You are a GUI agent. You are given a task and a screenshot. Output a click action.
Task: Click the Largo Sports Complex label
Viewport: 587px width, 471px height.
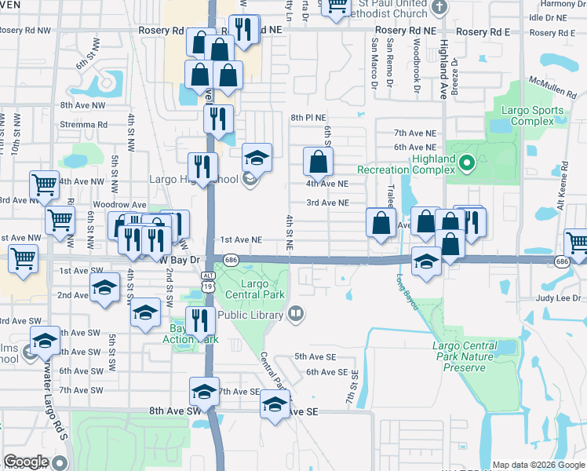537,115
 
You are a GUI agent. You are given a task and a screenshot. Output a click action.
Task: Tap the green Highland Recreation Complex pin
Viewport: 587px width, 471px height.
466,164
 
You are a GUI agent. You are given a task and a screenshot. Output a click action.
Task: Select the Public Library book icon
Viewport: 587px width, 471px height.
296,314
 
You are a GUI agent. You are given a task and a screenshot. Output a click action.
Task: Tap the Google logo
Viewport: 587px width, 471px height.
26,462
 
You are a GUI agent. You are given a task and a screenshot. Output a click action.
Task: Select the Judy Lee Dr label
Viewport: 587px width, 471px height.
558,298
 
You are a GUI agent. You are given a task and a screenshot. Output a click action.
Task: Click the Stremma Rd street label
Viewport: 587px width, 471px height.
83,124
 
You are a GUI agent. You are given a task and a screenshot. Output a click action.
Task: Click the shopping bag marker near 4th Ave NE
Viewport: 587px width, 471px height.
319,163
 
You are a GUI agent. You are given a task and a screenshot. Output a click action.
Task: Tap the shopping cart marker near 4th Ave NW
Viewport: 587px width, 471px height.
44,185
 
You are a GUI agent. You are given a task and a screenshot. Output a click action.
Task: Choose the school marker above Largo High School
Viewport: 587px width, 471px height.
257,158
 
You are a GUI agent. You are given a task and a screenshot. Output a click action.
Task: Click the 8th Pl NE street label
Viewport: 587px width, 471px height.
308,117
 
